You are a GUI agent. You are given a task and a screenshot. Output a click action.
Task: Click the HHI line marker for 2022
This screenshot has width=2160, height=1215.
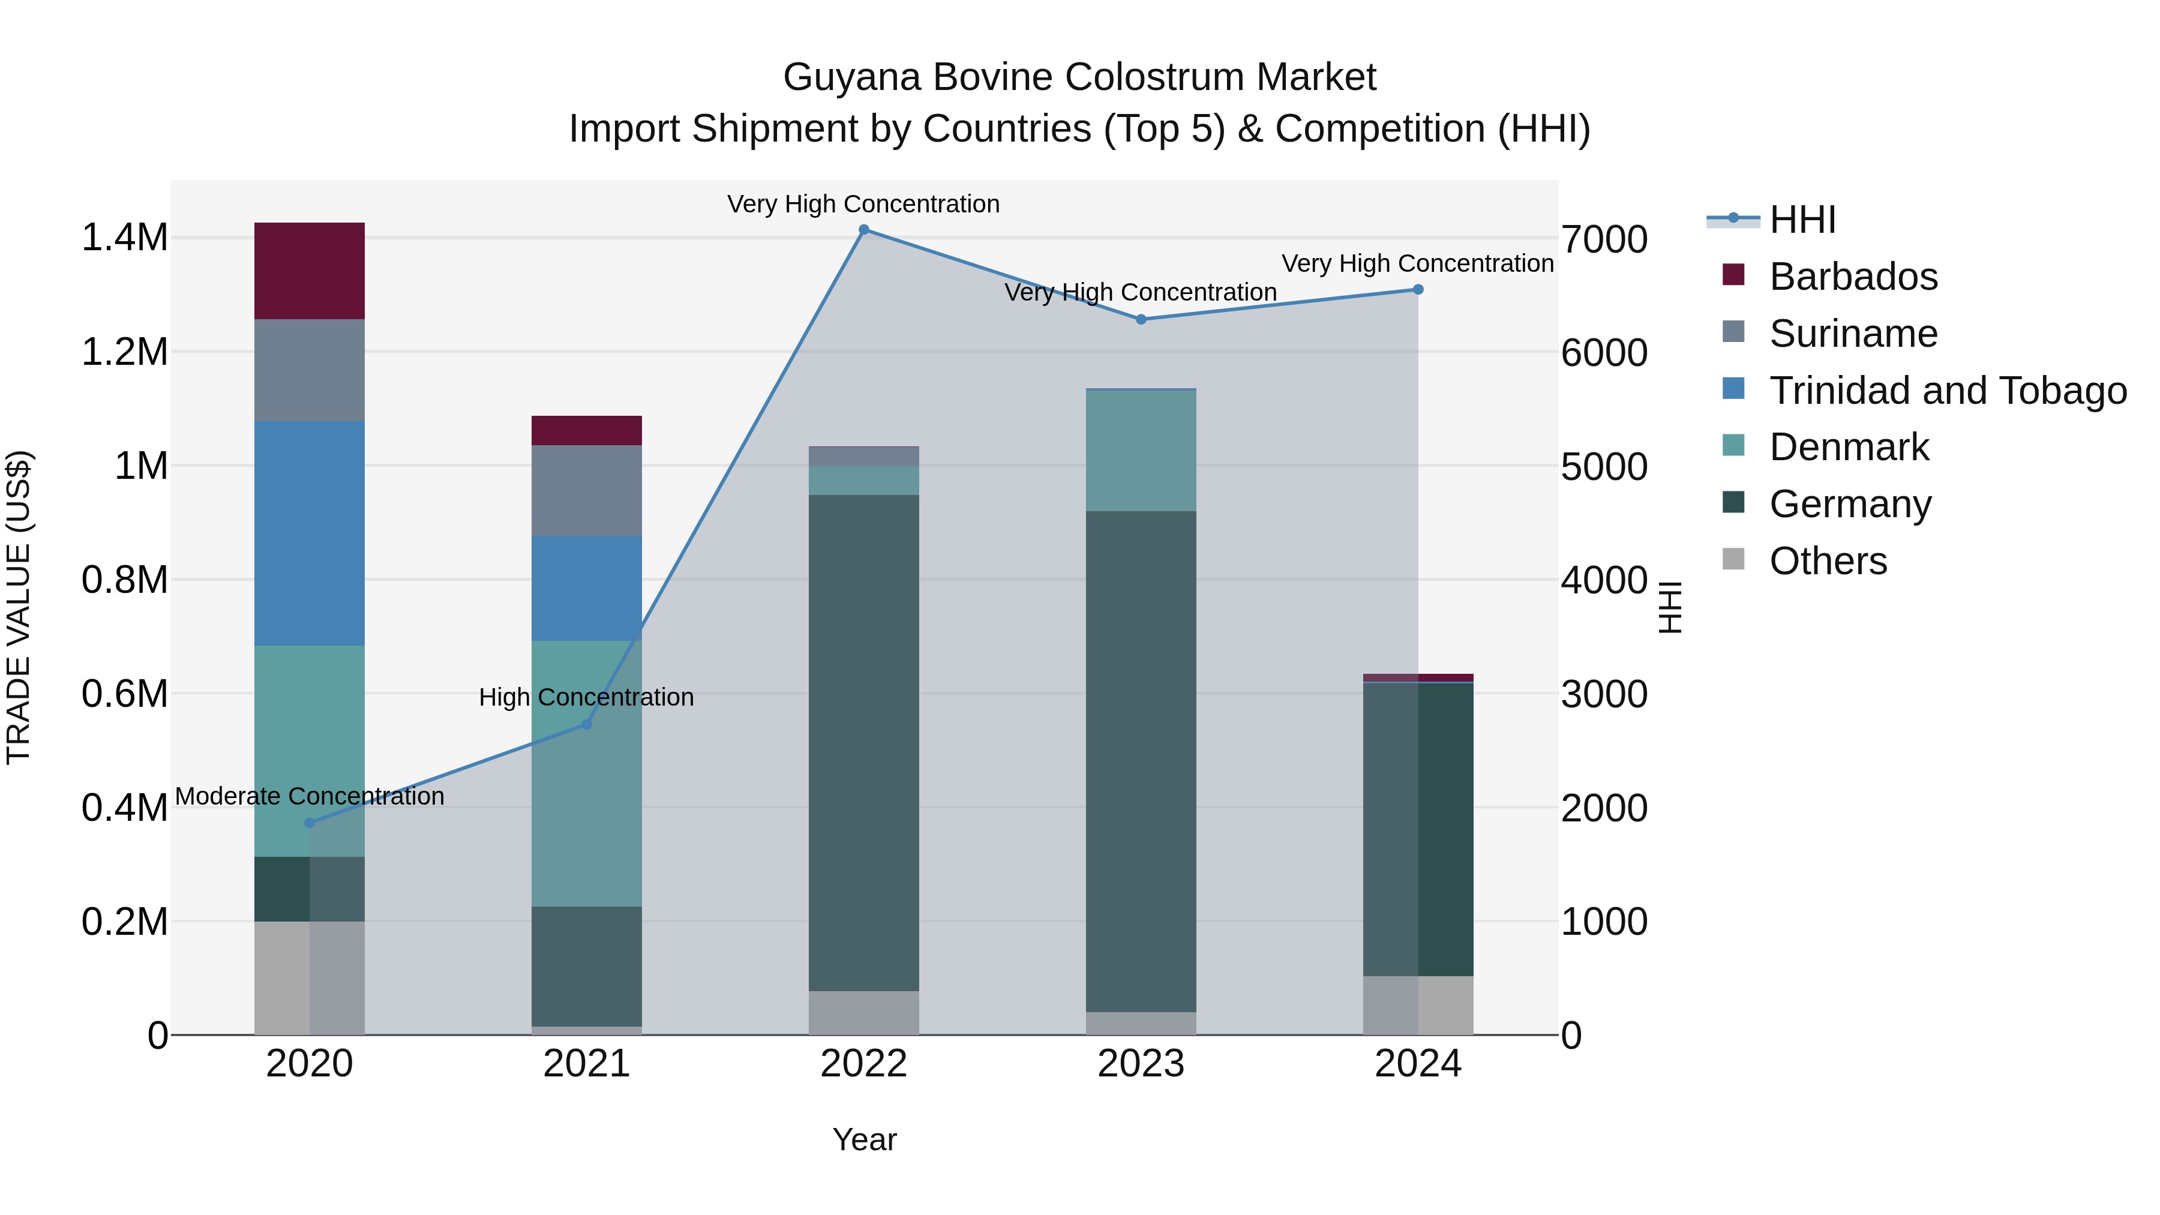tap(863, 230)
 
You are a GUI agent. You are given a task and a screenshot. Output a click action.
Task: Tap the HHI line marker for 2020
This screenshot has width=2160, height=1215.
tap(310, 823)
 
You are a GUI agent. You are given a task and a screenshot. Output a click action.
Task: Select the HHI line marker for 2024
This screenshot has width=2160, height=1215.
tap(1418, 289)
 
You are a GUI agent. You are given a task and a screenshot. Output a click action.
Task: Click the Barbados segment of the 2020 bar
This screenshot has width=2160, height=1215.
tap(310, 271)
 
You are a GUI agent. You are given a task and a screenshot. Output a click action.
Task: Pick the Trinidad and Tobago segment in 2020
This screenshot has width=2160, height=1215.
tap(310, 533)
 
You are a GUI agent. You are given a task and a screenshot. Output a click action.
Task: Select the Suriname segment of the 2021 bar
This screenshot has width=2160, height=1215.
tap(586, 491)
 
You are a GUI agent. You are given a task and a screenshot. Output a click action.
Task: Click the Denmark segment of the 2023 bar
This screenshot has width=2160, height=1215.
tap(1141, 451)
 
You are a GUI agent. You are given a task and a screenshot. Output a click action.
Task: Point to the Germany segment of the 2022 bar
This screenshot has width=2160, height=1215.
tap(863, 743)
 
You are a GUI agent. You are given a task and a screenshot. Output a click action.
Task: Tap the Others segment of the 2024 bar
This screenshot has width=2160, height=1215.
tap(1418, 1006)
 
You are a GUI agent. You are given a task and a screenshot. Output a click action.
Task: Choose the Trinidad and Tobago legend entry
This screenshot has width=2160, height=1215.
tap(1947, 390)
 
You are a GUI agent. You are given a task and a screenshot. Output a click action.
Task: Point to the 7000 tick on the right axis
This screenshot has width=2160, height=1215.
tap(1604, 239)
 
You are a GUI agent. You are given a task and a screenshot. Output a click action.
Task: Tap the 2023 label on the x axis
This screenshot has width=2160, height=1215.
tap(1141, 1064)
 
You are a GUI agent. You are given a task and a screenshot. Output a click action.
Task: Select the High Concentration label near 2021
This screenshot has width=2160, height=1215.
tap(586, 698)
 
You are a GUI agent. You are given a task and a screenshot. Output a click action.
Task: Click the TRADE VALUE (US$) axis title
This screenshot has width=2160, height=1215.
tap(19, 607)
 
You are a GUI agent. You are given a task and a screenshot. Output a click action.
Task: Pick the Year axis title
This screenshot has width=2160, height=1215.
tap(865, 1139)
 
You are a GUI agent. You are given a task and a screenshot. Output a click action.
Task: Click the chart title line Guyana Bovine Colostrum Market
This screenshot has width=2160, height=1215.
tap(1079, 77)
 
